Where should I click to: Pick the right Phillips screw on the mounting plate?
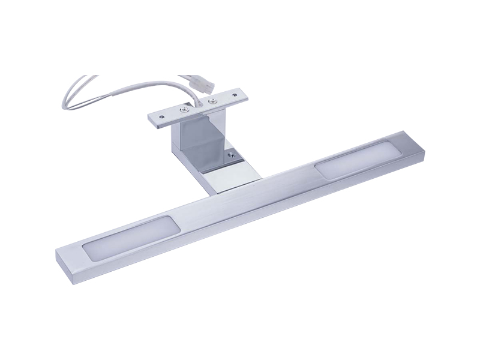coord(210,101)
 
